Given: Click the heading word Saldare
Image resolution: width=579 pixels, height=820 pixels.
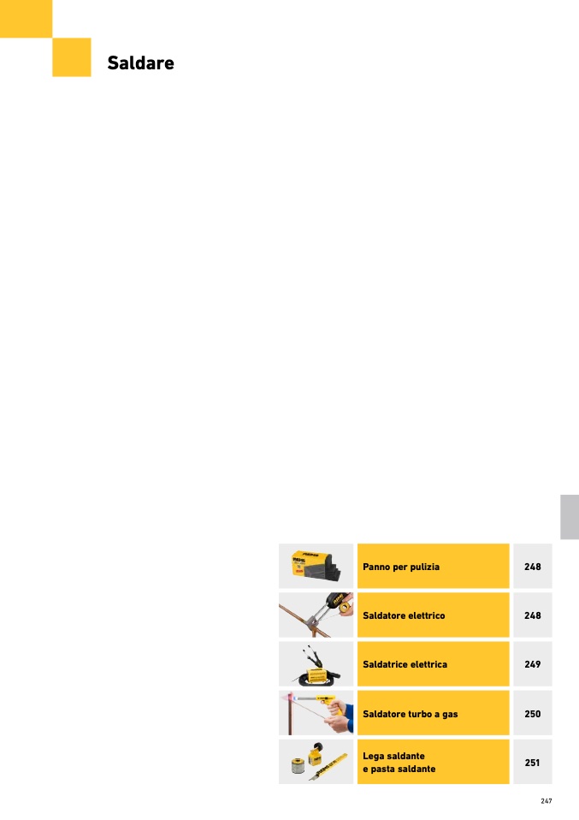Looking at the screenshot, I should pos(140,63).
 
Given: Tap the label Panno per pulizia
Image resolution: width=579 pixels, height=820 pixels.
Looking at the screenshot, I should pos(401,567).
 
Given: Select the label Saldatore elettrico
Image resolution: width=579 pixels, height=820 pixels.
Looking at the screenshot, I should pos(404,615).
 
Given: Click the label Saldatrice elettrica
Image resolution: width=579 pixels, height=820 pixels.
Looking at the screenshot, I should pos(405,664).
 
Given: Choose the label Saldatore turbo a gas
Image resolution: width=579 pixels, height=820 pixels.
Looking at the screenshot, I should pos(411,713).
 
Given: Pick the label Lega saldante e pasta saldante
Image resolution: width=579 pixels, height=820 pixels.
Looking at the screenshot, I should pos(399,762).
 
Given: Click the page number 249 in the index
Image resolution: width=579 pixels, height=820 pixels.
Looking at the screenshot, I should pos(533,664).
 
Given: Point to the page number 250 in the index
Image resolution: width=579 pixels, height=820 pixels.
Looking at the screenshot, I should pos(533,713).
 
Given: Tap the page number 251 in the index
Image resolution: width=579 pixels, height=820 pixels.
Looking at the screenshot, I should pos(533,762).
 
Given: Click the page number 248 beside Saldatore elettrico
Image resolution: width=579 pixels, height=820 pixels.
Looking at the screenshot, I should pos(533,615).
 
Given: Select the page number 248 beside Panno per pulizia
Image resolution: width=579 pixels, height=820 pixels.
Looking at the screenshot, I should pos(533,567).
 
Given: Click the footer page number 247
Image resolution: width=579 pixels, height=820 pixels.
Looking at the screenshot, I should pos(547,801).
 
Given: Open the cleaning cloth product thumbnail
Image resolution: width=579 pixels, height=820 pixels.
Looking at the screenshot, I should pos(316,566).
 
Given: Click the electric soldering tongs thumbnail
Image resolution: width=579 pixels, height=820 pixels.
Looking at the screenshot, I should pos(316,615).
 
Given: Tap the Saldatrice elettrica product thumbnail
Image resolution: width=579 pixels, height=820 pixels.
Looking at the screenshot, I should pos(316,663).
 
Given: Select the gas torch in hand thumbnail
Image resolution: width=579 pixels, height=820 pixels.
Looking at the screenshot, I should pos(316,712).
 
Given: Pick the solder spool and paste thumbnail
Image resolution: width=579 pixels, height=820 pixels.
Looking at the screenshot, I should pos(316,761).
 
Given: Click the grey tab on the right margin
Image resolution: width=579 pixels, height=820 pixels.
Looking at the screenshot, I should pos(570,517).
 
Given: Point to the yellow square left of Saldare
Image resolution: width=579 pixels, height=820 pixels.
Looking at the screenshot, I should pos(72,57).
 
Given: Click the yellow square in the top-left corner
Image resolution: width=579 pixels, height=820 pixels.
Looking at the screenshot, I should pos(26,18).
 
